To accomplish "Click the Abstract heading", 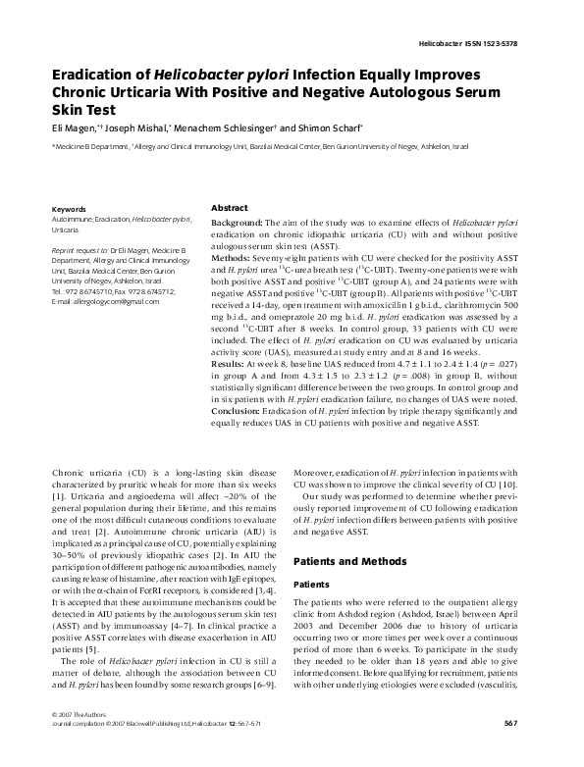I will (x=230, y=209).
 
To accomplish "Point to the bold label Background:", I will (x=237, y=225).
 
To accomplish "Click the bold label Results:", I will (x=232, y=364).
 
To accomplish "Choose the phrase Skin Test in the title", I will (x=82, y=111).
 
